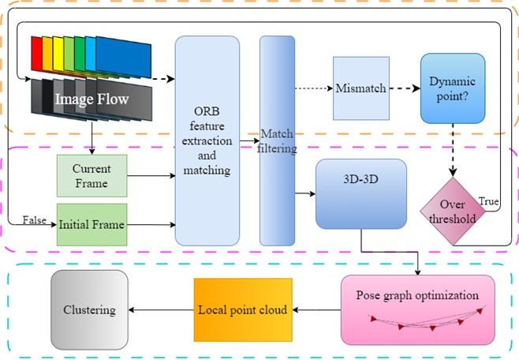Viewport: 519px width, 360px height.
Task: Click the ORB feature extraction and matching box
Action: point(207,141)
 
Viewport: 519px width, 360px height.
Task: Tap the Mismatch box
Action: point(360,88)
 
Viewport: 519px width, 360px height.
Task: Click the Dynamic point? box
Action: point(452,88)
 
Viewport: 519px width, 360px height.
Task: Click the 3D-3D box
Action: point(360,194)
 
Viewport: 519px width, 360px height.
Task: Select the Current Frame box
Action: point(91,175)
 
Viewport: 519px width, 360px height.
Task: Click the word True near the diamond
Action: point(488,203)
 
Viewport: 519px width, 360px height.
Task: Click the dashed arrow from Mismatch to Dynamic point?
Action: point(405,88)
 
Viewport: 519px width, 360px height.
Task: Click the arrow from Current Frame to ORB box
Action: point(150,175)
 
